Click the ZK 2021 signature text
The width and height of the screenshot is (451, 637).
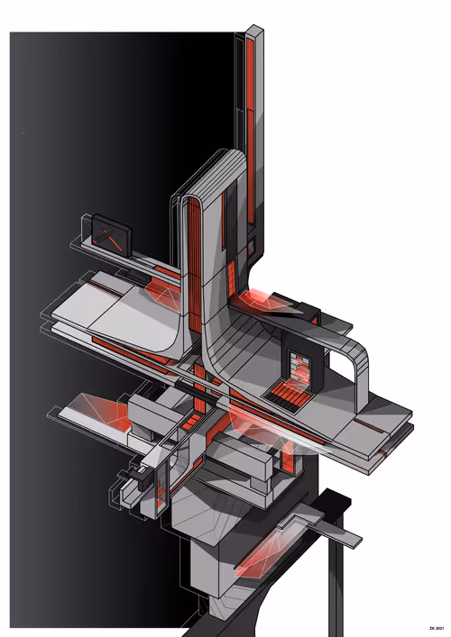[x=437, y=629]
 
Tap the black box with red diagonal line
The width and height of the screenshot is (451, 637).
[x=111, y=235]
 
